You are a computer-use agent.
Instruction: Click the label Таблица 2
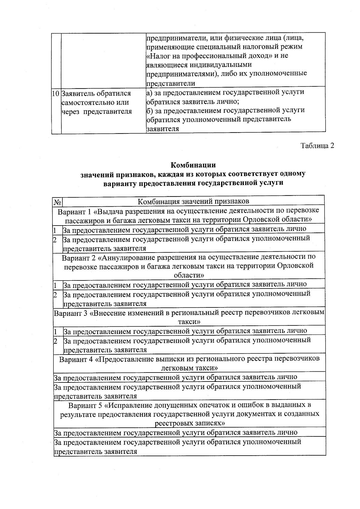click(x=317, y=146)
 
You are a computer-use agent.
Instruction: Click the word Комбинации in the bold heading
click(x=193, y=165)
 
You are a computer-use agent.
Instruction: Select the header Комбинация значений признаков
click(x=193, y=201)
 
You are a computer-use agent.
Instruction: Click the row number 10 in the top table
click(x=56, y=93)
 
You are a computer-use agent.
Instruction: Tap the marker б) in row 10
click(x=149, y=110)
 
